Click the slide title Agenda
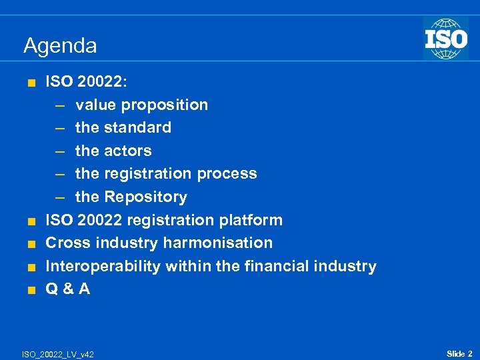60,46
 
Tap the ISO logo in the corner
445,39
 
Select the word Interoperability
103,266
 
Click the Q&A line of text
67,289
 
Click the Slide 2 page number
459,353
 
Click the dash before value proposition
61,105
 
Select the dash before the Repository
61,197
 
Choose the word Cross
65,243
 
